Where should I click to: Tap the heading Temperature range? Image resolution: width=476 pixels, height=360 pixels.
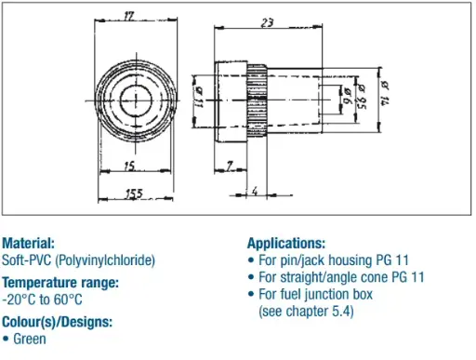[x=59, y=282]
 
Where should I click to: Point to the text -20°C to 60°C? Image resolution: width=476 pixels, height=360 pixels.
[x=43, y=299]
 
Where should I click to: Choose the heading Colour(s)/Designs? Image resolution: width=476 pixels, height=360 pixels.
[x=57, y=321]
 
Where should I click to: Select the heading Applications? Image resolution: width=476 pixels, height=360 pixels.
[x=286, y=243]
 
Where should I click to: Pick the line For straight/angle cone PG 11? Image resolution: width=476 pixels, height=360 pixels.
[x=340, y=276]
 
